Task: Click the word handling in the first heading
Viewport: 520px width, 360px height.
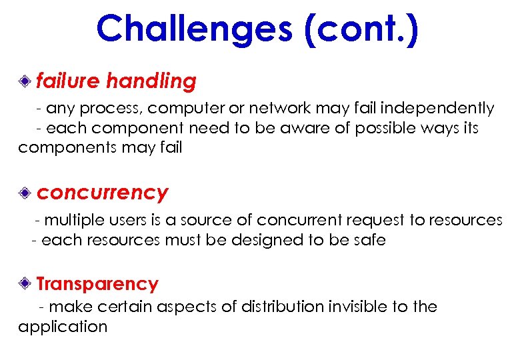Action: point(151,81)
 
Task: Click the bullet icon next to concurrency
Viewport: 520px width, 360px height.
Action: point(25,193)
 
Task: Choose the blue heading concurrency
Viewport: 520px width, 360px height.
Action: point(102,193)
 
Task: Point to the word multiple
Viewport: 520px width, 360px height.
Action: point(71,220)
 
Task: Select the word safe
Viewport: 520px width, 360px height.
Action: point(369,239)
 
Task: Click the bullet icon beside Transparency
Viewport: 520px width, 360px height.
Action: point(25,284)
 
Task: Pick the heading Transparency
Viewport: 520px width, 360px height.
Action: point(97,284)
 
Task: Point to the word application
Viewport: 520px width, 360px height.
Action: point(63,327)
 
